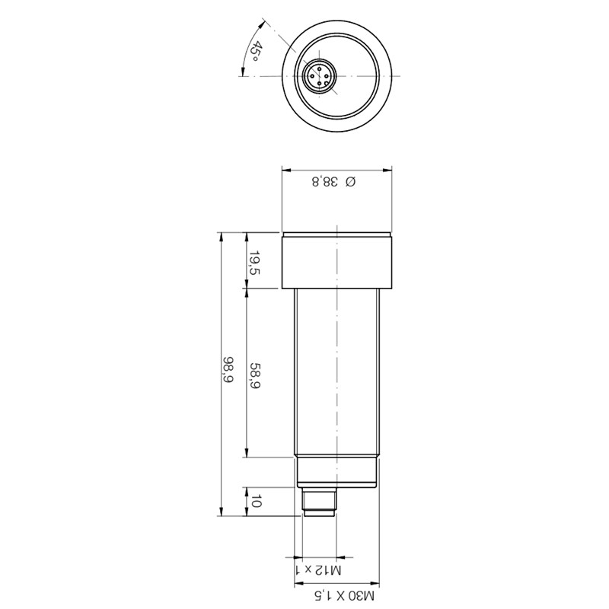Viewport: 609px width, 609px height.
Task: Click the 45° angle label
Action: point(255,53)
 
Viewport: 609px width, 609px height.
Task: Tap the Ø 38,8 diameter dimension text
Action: point(334,181)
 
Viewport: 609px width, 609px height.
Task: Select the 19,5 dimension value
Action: point(255,263)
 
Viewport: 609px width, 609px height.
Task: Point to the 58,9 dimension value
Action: point(255,375)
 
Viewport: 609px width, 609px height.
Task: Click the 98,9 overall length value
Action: point(228,369)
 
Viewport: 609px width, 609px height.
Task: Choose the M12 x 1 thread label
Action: point(318,570)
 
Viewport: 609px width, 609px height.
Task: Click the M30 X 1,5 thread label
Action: point(344,595)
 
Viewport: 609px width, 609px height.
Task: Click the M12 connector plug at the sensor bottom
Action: point(319,502)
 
